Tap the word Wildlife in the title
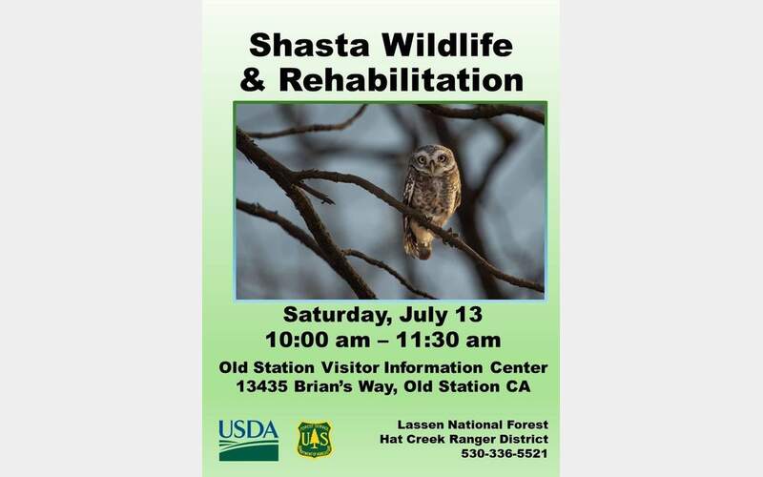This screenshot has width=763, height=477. pyautogui.click(x=446, y=45)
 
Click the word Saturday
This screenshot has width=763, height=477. pyautogui.click(x=332, y=315)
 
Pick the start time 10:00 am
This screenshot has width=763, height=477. pyautogui.click(x=302, y=339)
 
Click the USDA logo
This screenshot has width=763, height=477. pyautogui.click(x=248, y=439)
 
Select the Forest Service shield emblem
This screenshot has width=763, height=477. pyautogui.click(x=315, y=439)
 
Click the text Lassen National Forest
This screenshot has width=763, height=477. pyautogui.click(x=473, y=424)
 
